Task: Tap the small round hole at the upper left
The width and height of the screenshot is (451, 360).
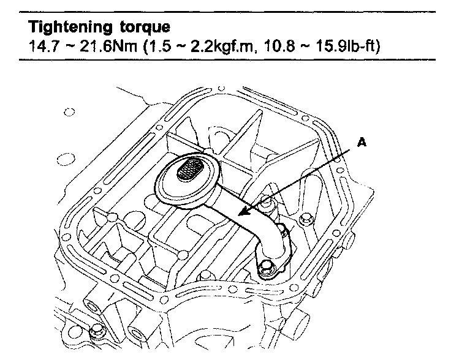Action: [69, 112]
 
